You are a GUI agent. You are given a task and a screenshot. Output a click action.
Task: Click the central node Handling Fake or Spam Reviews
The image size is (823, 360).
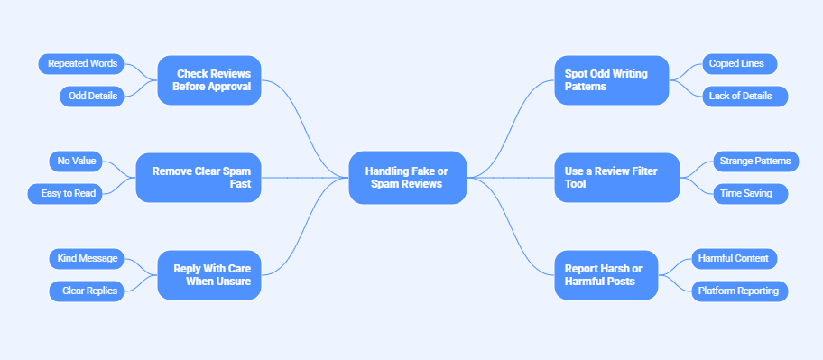(x=407, y=178)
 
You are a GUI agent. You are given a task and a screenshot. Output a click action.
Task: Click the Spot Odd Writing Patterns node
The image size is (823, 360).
(x=611, y=80)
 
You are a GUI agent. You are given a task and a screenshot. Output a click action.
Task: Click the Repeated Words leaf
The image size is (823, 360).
(x=80, y=64)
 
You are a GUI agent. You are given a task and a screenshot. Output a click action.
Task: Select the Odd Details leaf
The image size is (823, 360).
(x=94, y=96)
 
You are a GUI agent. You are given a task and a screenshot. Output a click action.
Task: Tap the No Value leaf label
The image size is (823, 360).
(x=77, y=162)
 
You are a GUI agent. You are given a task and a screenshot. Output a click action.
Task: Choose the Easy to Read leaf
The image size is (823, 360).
(x=64, y=193)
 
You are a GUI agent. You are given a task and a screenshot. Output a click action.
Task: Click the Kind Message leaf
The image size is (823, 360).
(x=88, y=259)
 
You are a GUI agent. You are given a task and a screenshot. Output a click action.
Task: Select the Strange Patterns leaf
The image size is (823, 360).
(x=754, y=162)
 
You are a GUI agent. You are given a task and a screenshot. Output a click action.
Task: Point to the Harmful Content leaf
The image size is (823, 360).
(x=733, y=259)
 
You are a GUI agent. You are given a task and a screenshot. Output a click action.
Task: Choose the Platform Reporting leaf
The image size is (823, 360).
(x=739, y=291)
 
